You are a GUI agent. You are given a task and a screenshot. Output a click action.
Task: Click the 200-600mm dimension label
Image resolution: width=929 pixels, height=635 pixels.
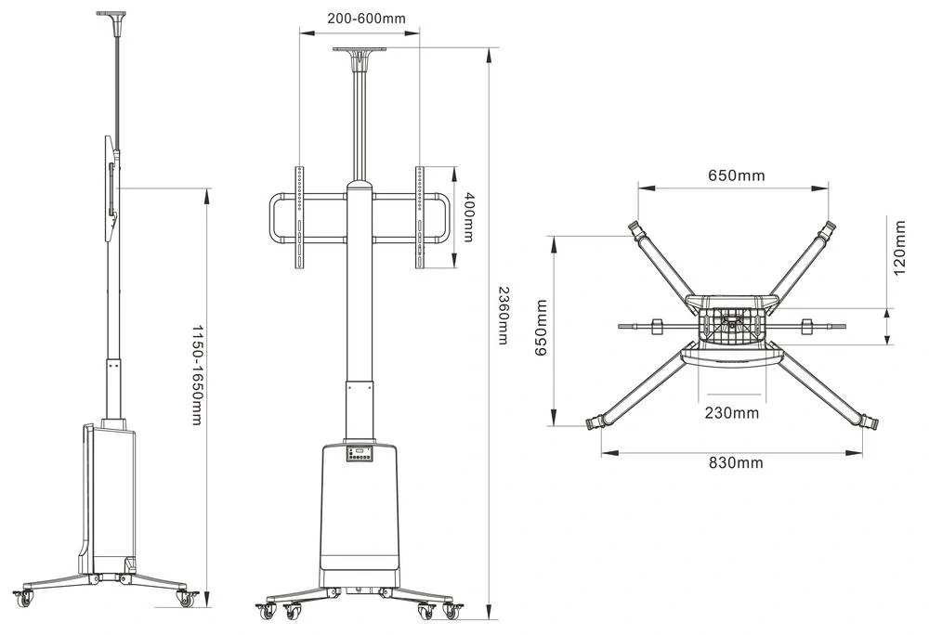point(367,19)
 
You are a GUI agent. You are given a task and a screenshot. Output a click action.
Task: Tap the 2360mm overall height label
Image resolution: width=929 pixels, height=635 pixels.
point(503,315)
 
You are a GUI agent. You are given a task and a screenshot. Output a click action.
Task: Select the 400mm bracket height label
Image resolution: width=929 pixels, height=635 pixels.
point(468,216)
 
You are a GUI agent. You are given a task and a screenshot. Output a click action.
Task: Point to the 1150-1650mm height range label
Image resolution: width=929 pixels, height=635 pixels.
point(197,375)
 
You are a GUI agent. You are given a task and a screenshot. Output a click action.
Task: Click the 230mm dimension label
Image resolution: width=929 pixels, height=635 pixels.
point(732,412)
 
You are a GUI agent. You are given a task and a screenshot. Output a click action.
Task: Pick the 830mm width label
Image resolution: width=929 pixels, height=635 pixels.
point(736,462)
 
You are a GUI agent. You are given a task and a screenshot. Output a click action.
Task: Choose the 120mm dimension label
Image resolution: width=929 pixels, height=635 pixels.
point(899,247)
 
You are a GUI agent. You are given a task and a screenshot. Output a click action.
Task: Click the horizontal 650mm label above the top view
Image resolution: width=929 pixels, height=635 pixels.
point(737,175)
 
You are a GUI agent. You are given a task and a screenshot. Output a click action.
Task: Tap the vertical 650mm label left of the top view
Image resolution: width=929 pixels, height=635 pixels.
point(541,328)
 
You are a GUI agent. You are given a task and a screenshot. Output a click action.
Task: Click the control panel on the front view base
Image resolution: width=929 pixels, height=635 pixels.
point(360,454)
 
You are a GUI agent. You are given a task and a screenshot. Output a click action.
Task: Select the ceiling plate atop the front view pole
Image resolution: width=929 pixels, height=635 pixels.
point(359,50)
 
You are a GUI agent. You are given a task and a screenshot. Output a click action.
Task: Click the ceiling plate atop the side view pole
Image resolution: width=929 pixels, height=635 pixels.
point(111,13)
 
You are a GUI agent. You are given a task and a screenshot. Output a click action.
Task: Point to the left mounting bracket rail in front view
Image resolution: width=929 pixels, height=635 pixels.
point(299,217)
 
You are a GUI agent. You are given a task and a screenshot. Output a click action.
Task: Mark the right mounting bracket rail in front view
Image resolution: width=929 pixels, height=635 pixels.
point(420,217)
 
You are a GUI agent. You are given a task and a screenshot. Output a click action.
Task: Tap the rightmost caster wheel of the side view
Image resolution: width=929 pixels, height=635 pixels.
point(186,598)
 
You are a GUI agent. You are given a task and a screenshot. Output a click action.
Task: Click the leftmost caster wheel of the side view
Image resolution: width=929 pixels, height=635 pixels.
point(24,598)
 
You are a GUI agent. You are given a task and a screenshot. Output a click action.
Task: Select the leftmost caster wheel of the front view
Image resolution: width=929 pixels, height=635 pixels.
point(267,612)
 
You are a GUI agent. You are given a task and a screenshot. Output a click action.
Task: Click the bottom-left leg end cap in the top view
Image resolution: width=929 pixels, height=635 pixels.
point(594,423)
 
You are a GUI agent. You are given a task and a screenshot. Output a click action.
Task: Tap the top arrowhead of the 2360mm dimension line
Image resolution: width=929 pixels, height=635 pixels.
point(489,55)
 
